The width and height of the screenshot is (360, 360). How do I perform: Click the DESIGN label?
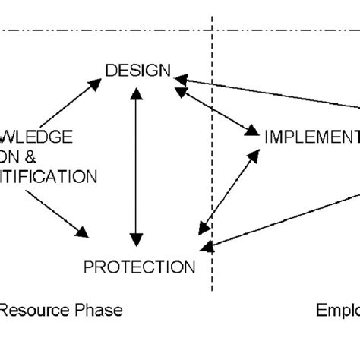click(x=137, y=71)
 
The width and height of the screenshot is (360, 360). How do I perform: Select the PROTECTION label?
click(x=139, y=267)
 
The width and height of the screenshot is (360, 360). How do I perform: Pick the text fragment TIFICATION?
click(x=49, y=177)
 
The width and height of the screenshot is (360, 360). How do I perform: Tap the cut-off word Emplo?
click(x=337, y=310)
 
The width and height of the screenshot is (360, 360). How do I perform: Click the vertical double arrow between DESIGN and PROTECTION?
click(x=135, y=163)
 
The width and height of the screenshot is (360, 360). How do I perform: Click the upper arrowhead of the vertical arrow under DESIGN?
click(x=135, y=93)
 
